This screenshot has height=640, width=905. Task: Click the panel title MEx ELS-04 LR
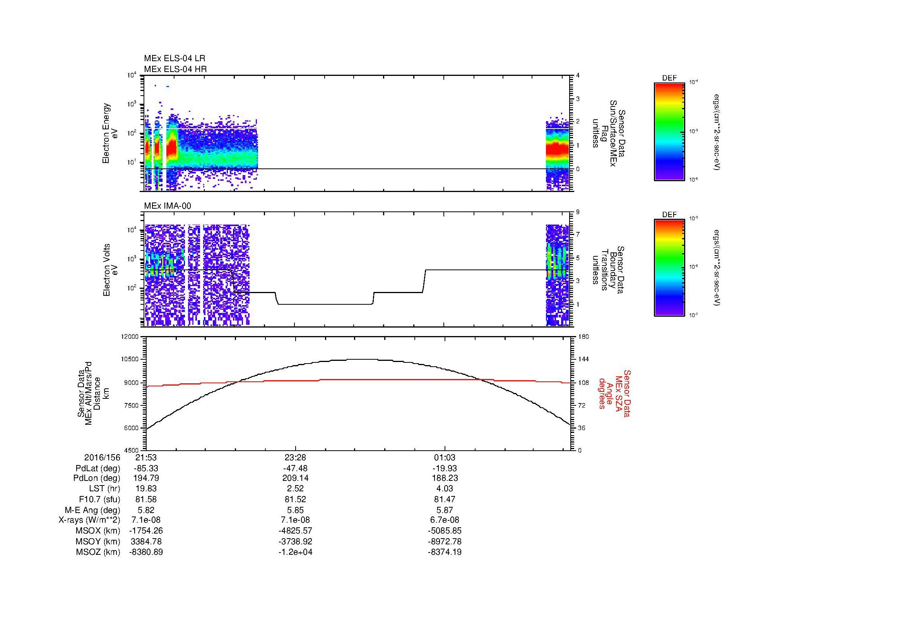point(174,58)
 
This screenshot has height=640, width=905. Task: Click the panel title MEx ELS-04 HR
point(175,69)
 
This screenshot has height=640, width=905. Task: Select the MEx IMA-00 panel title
point(168,206)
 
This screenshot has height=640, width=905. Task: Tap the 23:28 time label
point(295,458)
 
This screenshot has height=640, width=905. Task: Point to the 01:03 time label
point(445,458)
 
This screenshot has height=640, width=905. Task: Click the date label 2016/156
point(102,458)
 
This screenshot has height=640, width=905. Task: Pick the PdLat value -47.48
point(295,468)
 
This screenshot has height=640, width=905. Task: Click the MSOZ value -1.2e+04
point(295,552)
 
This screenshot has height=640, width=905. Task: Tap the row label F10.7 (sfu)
point(99,499)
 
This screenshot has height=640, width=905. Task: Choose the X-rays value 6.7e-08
point(445,520)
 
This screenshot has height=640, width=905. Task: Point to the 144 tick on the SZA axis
point(583,359)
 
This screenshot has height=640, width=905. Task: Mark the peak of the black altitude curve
point(359,359)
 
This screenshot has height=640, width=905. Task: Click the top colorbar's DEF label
point(669,78)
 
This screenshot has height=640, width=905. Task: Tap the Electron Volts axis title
point(111,270)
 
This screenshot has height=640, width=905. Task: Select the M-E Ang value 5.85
point(295,510)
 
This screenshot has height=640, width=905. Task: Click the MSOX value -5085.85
point(445,531)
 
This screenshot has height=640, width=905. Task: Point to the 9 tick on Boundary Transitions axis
point(578,212)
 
